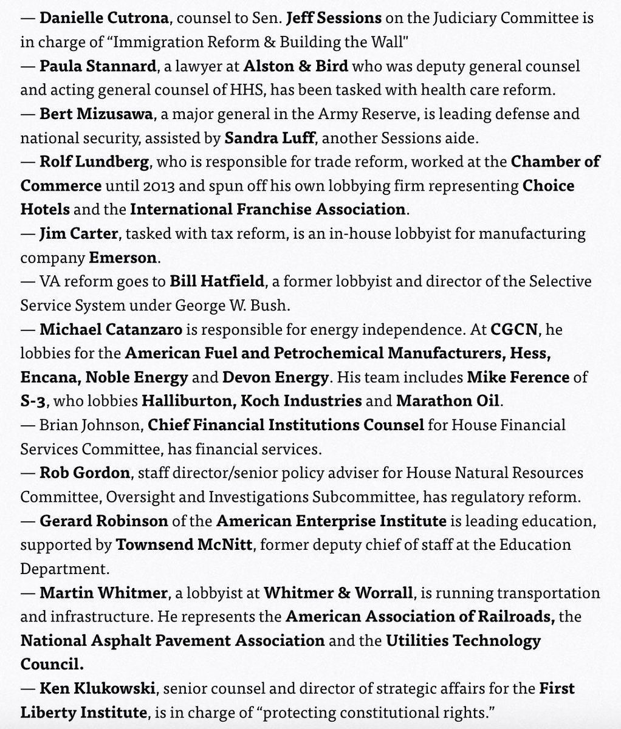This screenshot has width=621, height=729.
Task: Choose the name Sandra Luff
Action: pos(269,137)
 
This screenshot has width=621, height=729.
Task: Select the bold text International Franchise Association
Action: pos(267,210)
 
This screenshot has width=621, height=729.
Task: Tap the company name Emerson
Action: pos(123,257)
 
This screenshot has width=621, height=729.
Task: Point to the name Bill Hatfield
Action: pos(209,281)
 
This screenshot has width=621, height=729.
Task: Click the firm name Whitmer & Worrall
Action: pos(351,592)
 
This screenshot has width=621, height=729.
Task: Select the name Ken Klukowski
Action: pos(96,688)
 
